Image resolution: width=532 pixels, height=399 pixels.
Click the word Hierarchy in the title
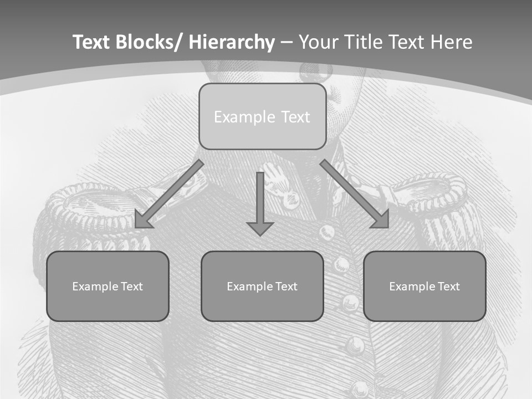click(232, 42)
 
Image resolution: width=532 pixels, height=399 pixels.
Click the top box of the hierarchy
click(262, 116)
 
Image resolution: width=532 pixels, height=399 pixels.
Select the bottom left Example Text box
click(108, 286)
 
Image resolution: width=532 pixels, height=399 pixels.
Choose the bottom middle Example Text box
click(262, 286)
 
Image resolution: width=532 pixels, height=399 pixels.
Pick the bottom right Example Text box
click(424, 286)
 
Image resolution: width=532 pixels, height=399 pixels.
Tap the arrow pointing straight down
click(260, 203)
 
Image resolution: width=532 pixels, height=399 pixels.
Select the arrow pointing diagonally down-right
click(355, 194)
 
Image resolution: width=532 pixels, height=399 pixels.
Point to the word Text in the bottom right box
click(448, 287)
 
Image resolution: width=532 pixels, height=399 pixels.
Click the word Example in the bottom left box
click(95, 287)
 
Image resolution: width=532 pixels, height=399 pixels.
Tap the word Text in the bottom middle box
click(286, 287)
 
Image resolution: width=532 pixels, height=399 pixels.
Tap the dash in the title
click(287, 43)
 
